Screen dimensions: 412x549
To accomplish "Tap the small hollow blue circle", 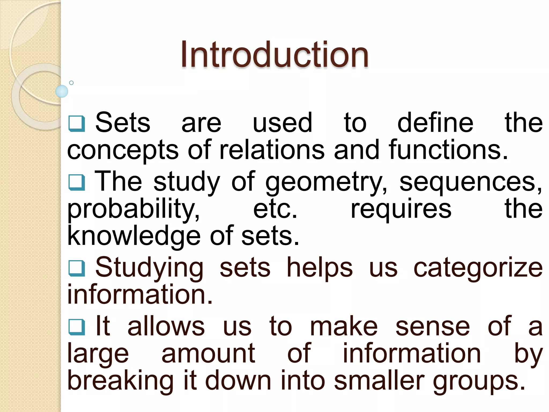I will pos(71,83).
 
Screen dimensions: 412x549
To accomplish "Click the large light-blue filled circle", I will pos(62,91).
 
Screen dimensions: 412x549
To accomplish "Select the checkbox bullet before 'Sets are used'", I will pos(77,124).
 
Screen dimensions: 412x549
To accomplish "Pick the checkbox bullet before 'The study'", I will pos(77,183).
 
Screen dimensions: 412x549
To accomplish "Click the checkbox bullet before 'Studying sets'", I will pos(77,268).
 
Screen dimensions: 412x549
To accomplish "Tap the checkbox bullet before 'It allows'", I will pos(77,327).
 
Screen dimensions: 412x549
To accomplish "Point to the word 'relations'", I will pos(272,150).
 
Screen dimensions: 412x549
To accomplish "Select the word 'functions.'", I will pos(448,150).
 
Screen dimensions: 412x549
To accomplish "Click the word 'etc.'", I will pos(275,209).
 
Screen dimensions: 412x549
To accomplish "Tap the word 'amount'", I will pos(208,354).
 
